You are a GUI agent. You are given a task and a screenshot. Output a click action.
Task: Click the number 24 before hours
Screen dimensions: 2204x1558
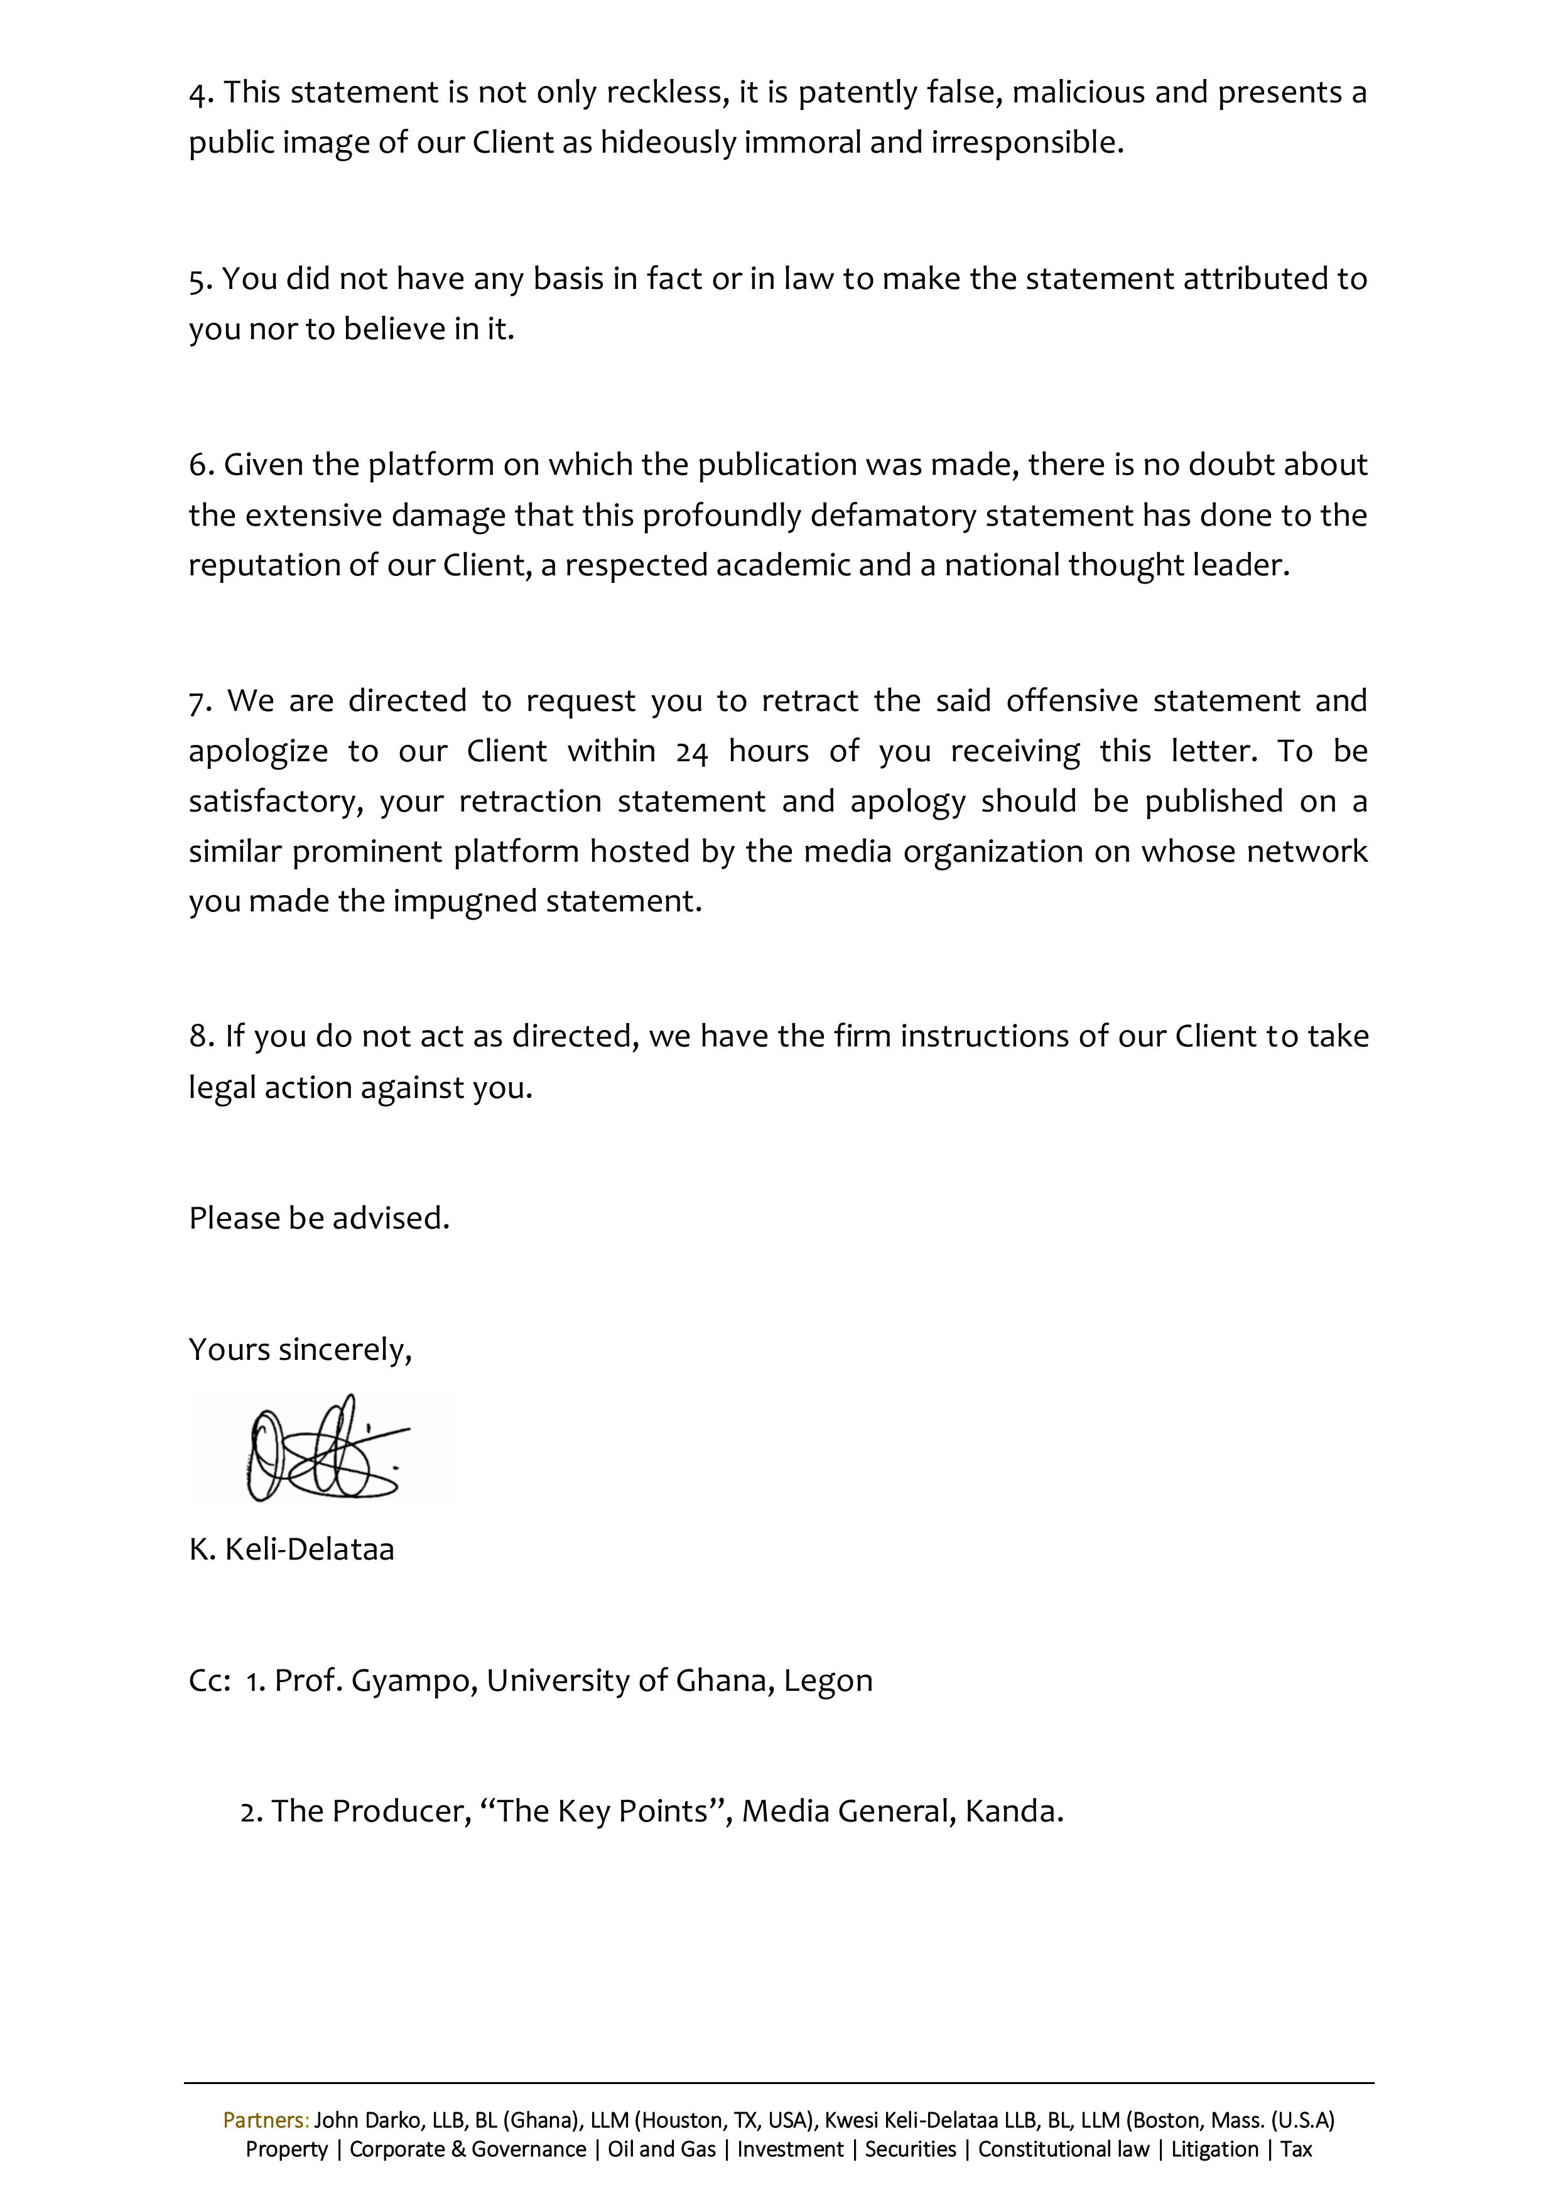tap(691, 752)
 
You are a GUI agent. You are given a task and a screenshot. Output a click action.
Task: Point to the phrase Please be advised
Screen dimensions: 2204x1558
tap(319, 1218)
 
